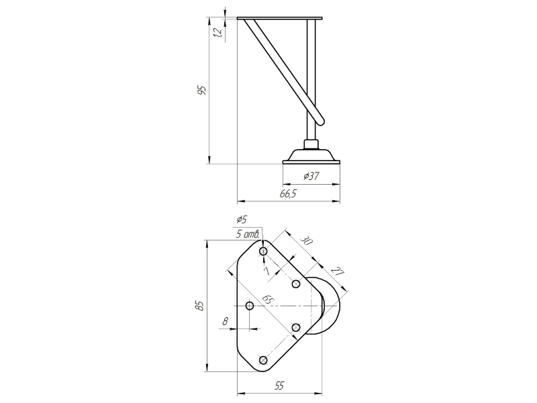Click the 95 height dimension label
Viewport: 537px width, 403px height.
click(x=203, y=90)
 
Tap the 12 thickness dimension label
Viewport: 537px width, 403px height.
click(x=217, y=32)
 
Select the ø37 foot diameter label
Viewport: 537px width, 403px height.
click(x=311, y=176)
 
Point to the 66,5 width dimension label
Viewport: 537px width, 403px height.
click(x=288, y=194)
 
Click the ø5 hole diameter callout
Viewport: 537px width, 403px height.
click(x=241, y=219)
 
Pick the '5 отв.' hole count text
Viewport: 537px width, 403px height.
click(x=248, y=234)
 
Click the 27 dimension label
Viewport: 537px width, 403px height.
click(x=338, y=271)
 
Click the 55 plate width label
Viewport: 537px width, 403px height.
click(x=279, y=386)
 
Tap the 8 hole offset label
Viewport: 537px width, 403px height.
click(x=225, y=321)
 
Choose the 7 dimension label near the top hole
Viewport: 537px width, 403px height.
click(x=267, y=271)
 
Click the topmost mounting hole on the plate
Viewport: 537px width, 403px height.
click(x=263, y=251)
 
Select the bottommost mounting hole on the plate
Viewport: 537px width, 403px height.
click(x=263, y=360)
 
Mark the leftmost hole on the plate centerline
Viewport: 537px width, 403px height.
click(x=250, y=306)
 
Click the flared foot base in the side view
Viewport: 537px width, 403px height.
click(x=311, y=156)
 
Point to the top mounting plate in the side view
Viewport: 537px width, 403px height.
click(x=279, y=18)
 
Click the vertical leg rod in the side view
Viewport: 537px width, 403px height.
click(x=311, y=79)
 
